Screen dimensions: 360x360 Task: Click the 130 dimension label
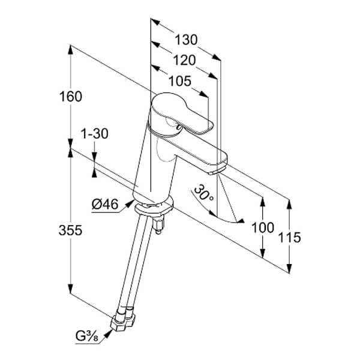pyautogui.click(x=186, y=40)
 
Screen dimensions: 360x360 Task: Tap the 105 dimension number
pyautogui.click(x=178, y=80)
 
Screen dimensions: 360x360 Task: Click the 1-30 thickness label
pyautogui.click(x=94, y=134)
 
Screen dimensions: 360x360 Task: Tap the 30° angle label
pyautogui.click(x=204, y=191)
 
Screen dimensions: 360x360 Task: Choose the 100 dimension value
pyautogui.click(x=262, y=227)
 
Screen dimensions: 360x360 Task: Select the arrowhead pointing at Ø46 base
pyautogui.click(x=131, y=203)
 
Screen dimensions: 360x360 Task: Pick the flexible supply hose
pyautogui.click(x=135, y=264)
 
